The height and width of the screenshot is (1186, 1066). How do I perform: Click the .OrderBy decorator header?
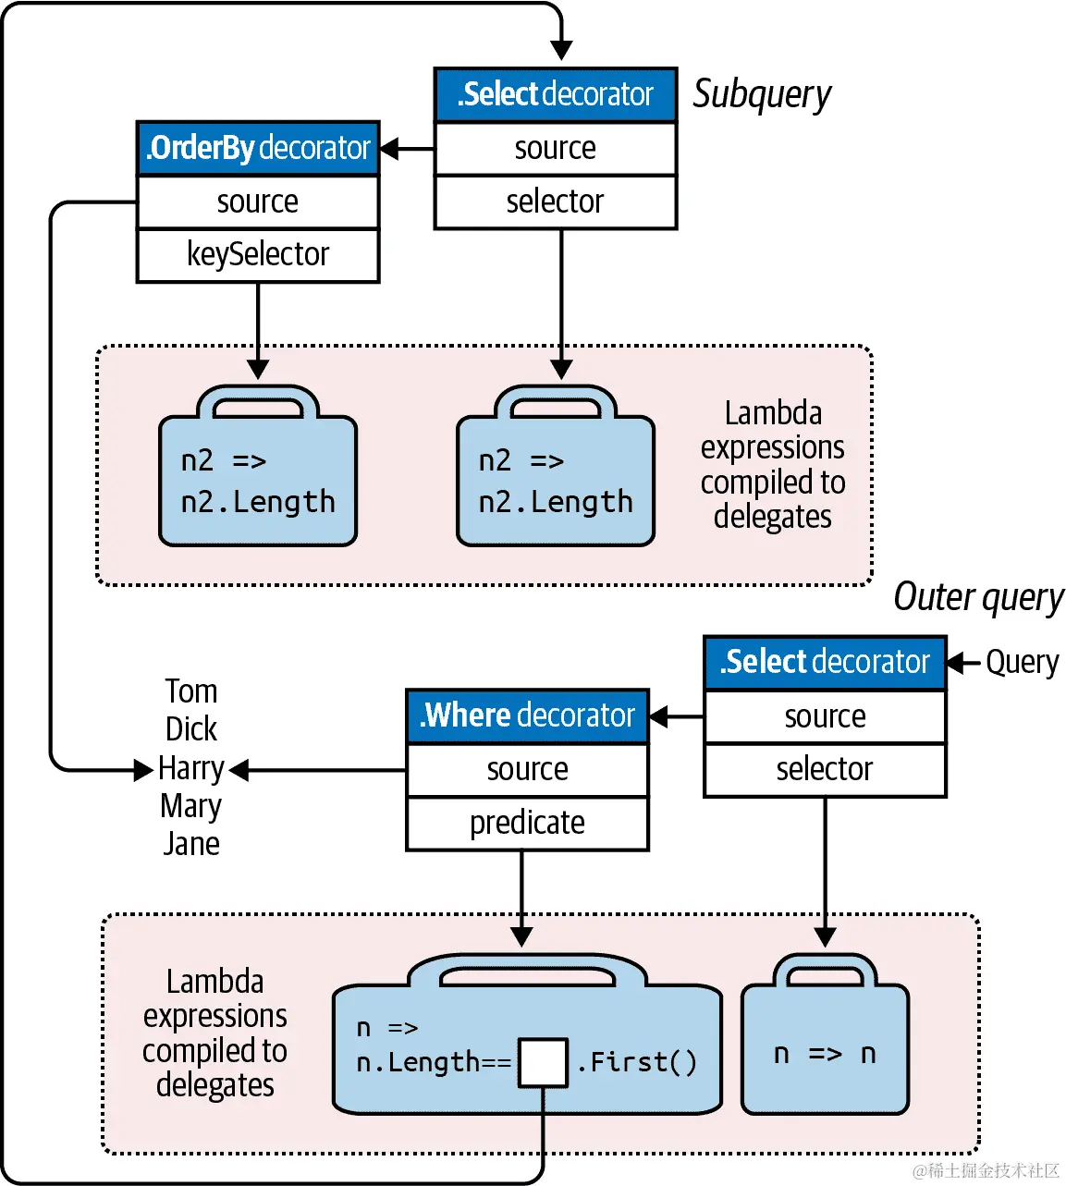[258, 148]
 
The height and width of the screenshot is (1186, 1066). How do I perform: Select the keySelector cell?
[258, 254]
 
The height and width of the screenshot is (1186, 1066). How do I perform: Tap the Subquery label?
[762, 94]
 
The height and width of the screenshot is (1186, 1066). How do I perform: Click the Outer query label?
[978, 597]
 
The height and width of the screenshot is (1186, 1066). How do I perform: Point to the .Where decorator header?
[527, 715]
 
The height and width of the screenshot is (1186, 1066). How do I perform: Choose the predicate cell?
[527, 823]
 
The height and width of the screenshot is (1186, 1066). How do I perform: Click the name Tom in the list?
[191, 691]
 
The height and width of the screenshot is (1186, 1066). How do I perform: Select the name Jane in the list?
[191, 843]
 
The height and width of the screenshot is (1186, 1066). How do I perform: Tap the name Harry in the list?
[191, 768]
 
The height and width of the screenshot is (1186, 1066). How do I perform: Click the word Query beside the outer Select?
[1022, 662]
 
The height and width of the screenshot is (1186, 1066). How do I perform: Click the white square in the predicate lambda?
[543, 1062]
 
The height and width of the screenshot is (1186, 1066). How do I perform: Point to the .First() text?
[637, 1062]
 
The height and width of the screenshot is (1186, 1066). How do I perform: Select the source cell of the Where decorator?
[527, 769]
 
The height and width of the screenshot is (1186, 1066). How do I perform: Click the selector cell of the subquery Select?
[555, 202]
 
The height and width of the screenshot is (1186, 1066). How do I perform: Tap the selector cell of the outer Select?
[825, 769]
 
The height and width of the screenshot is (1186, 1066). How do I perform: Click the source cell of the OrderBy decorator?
[258, 202]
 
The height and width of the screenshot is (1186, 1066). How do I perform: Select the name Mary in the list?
[191, 806]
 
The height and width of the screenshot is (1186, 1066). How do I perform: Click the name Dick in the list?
[191, 729]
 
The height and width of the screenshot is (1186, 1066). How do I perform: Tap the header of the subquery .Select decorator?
[555, 94]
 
